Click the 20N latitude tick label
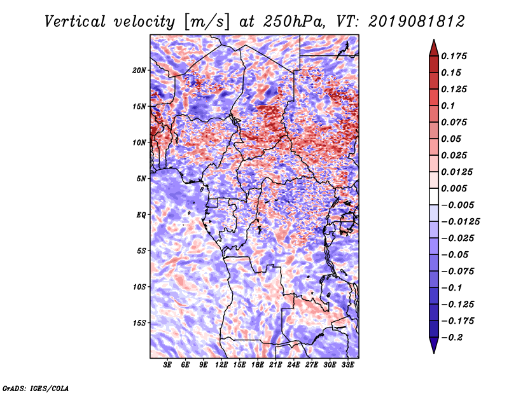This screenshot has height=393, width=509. pyautogui.click(x=139, y=71)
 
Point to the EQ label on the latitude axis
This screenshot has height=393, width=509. pyautogui.click(x=141, y=215)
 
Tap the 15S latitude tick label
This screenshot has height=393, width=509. pyautogui.click(x=139, y=323)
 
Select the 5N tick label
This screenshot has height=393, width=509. pyautogui.click(x=141, y=179)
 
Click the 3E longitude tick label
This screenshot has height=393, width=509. pyautogui.click(x=167, y=365)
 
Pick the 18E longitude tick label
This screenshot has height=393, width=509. pyautogui.click(x=258, y=365)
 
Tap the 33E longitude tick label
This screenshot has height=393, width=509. pyautogui.click(x=347, y=365)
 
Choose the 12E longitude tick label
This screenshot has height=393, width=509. pyautogui.click(x=221, y=365)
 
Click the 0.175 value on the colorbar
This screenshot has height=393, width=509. pyautogui.click(x=454, y=56)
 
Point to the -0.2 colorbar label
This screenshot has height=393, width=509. pyautogui.click(x=452, y=338)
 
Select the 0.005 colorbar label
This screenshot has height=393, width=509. pyautogui.click(x=454, y=188)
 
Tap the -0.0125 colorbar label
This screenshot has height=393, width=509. pyautogui.click(x=460, y=222)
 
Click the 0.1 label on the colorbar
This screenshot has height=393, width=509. pyautogui.click(x=448, y=106)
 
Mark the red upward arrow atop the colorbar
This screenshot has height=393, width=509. pyautogui.click(x=434, y=48)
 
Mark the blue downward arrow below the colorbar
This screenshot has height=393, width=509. pyautogui.click(x=434, y=345)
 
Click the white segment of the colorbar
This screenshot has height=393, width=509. pyautogui.click(x=434, y=197)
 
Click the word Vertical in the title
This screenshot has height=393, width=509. pyautogui.click(x=75, y=22)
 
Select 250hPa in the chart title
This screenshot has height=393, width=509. pyautogui.click(x=294, y=22)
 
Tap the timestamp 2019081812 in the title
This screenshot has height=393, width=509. pyautogui.click(x=417, y=22)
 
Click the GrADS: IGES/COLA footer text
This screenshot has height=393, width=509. pyautogui.click(x=36, y=388)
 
